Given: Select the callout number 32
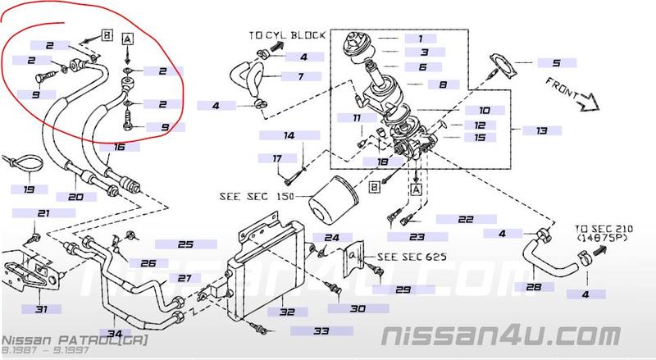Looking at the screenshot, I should tap(286, 312).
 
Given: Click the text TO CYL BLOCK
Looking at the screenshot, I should tap(288, 36).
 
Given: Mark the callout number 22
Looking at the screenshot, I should tap(466, 219).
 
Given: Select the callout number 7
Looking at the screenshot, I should tap(302, 76).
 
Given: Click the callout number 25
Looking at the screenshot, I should tap(184, 244).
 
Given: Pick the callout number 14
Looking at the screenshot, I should tap(289, 134).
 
